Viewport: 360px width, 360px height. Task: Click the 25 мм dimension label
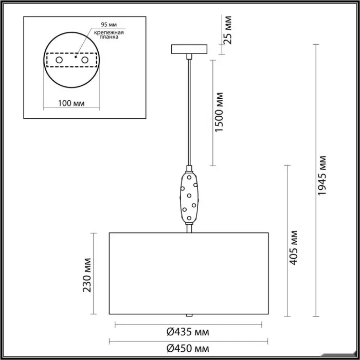(228, 30)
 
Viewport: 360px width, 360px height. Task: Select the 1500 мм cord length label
(219, 112)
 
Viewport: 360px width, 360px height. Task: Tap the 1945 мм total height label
(321, 176)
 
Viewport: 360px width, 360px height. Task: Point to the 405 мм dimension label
(293, 248)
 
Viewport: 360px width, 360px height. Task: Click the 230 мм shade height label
(87, 275)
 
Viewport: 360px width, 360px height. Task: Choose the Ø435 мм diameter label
(188, 332)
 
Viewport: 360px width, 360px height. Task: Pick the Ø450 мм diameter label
(188, 349)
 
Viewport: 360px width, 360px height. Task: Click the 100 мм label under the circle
(71, 103)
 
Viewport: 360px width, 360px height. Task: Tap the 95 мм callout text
(109, 24)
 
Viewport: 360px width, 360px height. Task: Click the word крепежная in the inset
(109, 32)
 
